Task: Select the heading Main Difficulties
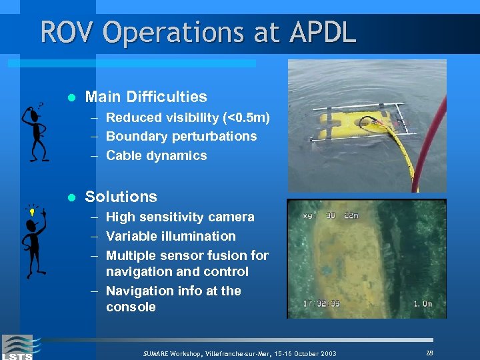pos(146,97)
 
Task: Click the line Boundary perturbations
pos(181,137)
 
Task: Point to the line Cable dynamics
pos(156,156)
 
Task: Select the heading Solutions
pos(121,197)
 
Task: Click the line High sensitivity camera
pos(180,217)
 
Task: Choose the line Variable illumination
pos(171,237)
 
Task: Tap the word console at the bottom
pos(131,307)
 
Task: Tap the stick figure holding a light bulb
pos(33,241)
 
